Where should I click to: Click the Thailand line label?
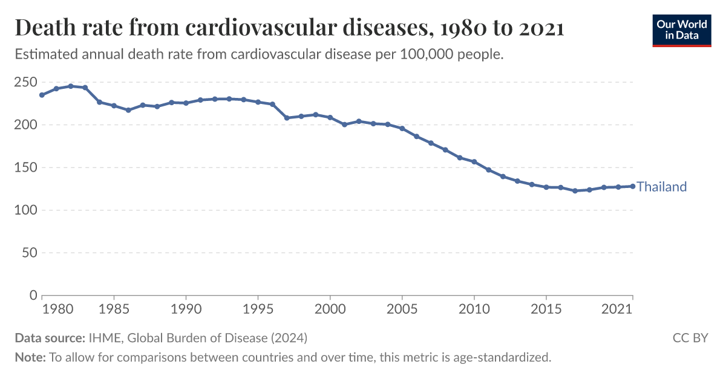[662, 187]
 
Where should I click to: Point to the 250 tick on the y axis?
[25, 82]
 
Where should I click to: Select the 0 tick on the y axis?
[32, 296]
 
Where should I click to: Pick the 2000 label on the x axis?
[330, 308]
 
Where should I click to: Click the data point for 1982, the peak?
[71, 86]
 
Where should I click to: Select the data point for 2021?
[633, 186]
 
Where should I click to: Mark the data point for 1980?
[42, 95]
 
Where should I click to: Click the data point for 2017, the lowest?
[575, 190]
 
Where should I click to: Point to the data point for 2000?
[330, 117]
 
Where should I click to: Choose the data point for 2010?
[474, 161]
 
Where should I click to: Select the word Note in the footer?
[29, 357]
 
